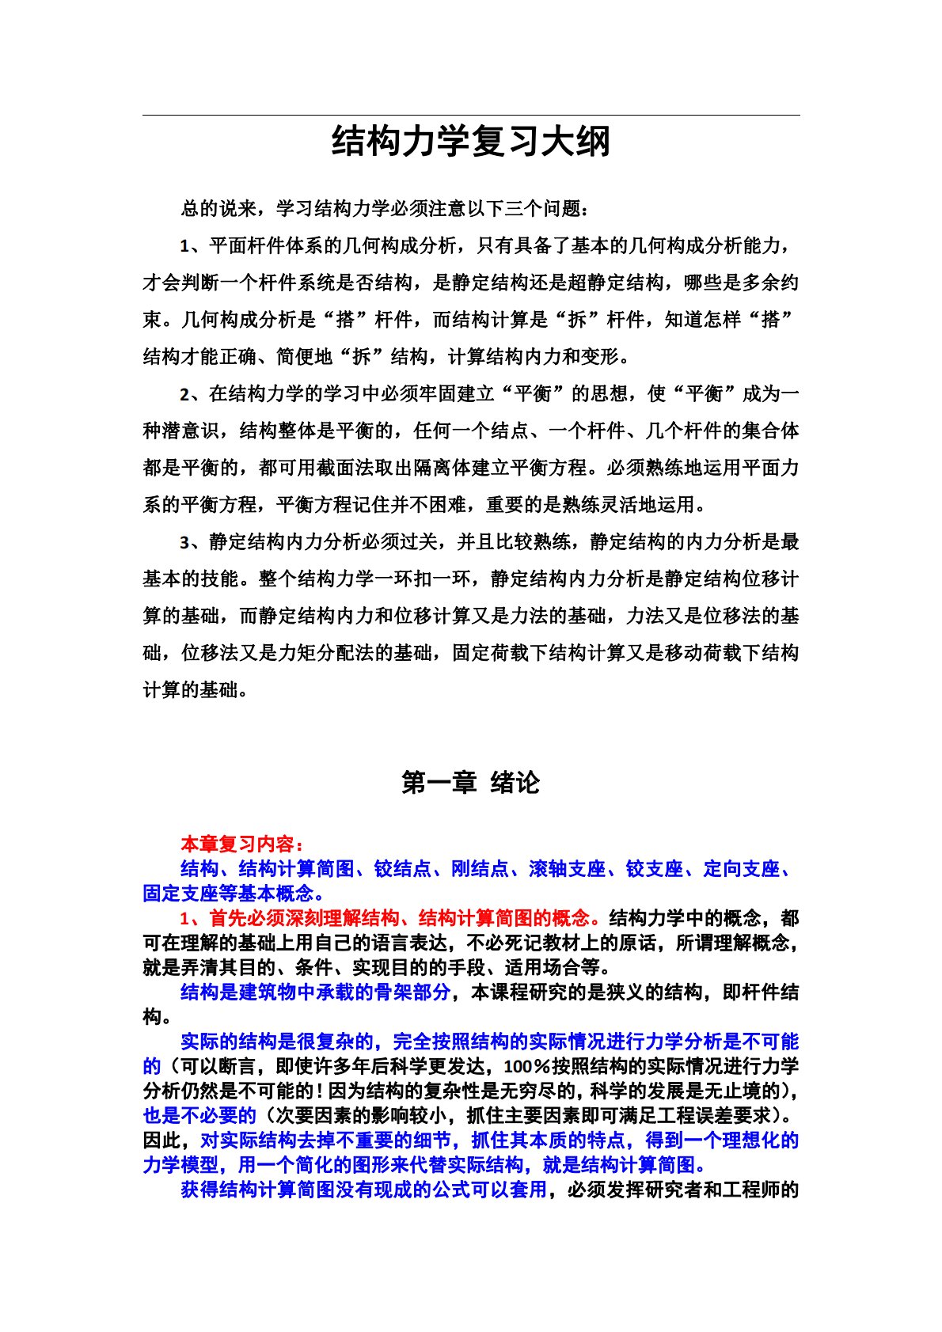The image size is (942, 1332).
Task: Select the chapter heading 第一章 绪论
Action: pos(471,783)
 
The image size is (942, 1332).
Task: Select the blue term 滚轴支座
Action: pos(567,869)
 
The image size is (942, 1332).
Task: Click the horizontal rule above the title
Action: pos(471,116)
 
